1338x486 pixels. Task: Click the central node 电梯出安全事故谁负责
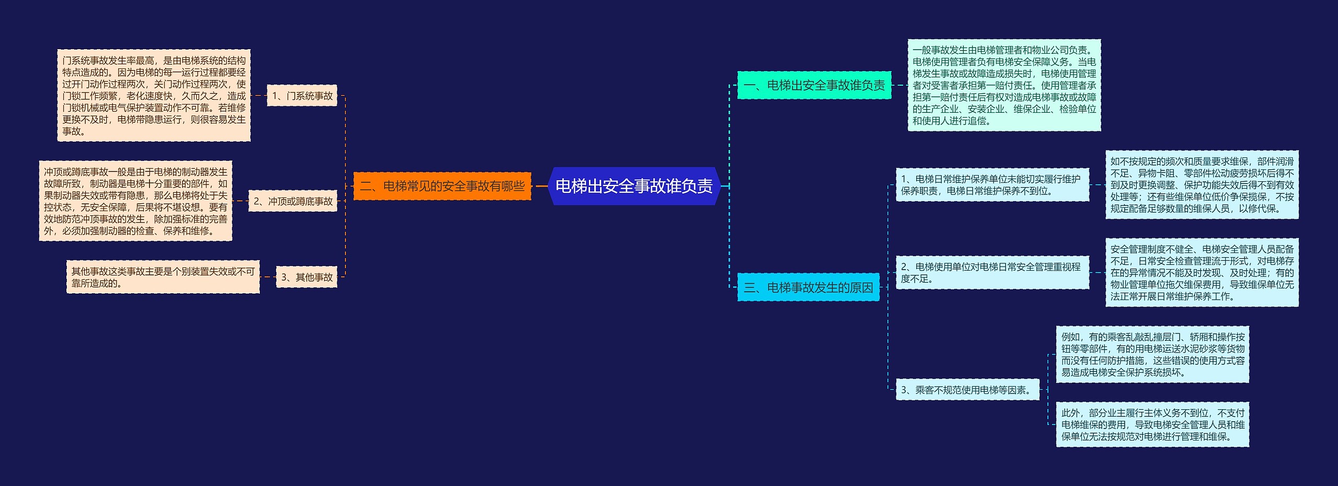[x=634, y=186]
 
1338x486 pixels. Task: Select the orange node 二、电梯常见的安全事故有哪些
[x=442, y=186]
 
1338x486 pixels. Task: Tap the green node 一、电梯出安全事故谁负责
[x=814, y=85]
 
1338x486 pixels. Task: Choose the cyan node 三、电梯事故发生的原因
[x=808, y=287]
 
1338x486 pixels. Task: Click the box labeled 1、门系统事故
[x=302, y=96]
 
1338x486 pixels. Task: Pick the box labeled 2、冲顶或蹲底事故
[x=293, y=201]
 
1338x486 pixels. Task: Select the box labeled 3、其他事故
[x=307, y=277]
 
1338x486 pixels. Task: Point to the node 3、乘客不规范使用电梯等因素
[x=967, y=390]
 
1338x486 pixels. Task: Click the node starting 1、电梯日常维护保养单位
[x=992, y=185]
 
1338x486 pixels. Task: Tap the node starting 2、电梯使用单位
[x=992, y=273]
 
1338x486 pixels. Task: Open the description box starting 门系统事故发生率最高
[x=154, y=96]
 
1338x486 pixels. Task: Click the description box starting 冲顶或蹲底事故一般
[x=135, y=201]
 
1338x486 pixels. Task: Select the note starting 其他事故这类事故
[x=163, y=277]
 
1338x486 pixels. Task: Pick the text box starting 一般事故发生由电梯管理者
[x=1004, y=85]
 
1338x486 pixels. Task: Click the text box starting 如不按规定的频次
[x=1202, y=185]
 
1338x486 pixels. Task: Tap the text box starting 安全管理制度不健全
[x=1202, y=273]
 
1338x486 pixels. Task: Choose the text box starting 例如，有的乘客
[x=1152, y=354]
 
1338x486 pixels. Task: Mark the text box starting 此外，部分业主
[x=1152, y=424]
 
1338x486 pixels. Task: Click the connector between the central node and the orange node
[x=540, y=186]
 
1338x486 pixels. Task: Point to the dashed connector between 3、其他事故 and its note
[x=268, y=277]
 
